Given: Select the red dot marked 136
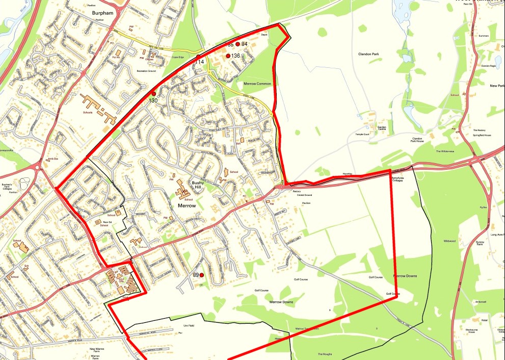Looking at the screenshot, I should pos(228,56).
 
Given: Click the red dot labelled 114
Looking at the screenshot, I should pos(199,56).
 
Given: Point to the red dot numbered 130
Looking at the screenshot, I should pos(153,93).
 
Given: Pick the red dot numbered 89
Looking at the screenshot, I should pos(201,275).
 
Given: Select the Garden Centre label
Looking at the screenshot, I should pos(382,128).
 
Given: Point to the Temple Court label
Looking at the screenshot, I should pos(364,134).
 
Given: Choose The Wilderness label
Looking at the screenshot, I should pos(444,151).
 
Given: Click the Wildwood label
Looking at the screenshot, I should pos(449,241).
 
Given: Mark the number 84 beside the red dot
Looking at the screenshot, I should pos(244,44).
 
